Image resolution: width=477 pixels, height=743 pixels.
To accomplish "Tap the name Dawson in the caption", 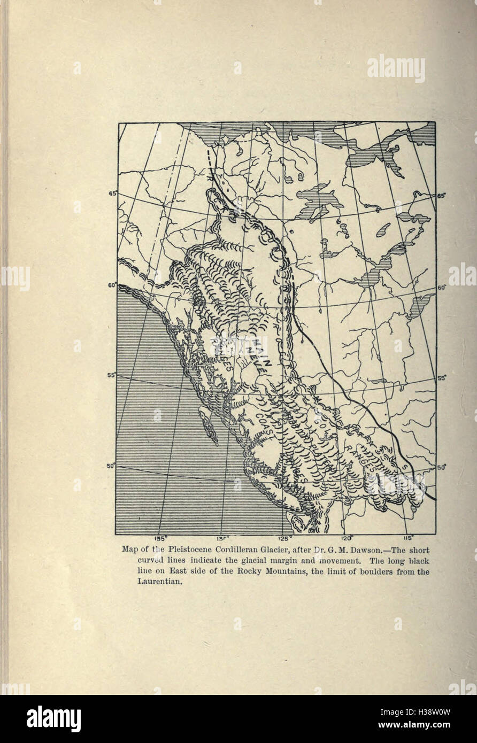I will pyautogui.click(x=339, y=549).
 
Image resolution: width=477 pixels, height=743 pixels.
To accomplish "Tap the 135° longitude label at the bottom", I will pyautogui.click(x=161, y=538).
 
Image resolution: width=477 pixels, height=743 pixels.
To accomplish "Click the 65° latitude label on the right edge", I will pyautogui.click(x=442, y=196).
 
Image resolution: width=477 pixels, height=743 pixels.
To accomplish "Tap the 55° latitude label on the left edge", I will pyautogui.click(x=112, y=375).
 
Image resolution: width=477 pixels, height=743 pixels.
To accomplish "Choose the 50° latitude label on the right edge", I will pyautogui.click(x=442, y=467).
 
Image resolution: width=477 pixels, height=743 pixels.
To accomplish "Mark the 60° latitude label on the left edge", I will pyautogui.click(x=112, y=285).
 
